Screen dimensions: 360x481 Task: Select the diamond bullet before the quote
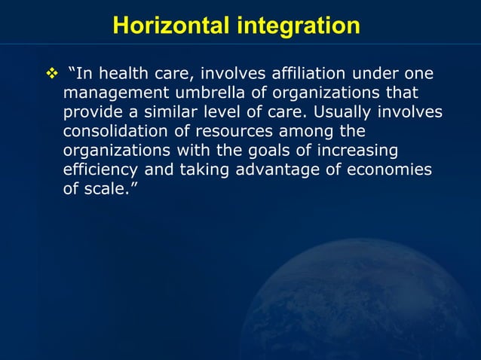pyautogui.click(x=52, y=74)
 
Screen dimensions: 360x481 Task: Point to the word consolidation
pyautogui.click(x=117, y=132)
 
